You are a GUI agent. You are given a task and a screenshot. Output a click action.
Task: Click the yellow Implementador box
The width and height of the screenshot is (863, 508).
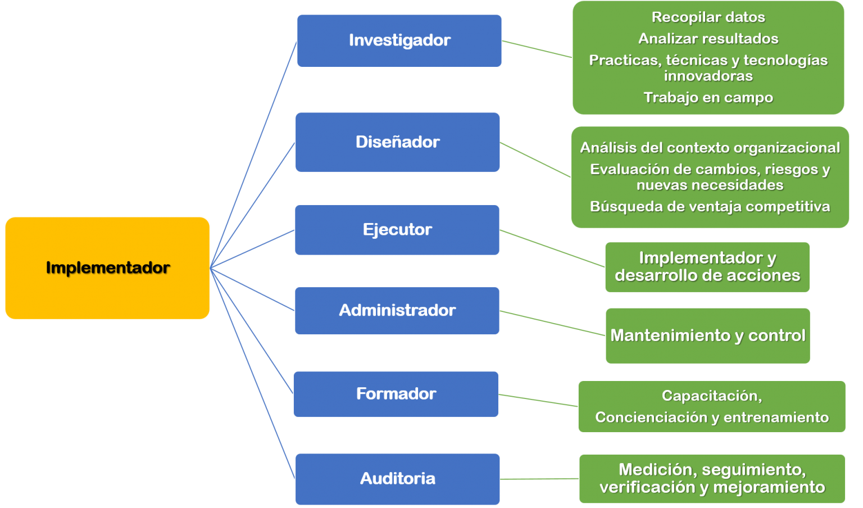click(x=107, y=268)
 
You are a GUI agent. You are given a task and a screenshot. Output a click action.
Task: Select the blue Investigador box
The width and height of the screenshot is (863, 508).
click(x=399, y=40)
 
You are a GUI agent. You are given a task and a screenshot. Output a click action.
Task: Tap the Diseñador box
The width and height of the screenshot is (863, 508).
click(x=397, y=142)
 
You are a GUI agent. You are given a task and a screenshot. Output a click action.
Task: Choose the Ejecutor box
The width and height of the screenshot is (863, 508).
click(x=397, y=230)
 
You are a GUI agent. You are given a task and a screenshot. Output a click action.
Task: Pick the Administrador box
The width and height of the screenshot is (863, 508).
click(x=397, y=310)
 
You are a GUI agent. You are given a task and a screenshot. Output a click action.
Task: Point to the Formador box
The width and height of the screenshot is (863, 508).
click(x=396, y=394)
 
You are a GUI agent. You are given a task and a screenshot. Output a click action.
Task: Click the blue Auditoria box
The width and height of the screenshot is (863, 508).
click(x=397, y=479)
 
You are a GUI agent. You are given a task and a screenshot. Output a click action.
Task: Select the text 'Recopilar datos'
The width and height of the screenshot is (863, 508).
click(x=708, y=17)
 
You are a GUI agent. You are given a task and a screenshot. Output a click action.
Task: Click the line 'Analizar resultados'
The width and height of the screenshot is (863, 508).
click(x=708, y=39)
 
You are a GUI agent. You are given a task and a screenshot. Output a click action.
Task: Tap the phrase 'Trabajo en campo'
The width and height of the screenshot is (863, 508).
click(x=708, y=98)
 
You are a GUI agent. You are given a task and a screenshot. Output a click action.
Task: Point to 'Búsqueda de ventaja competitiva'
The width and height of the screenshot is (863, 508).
click(x=710, y=207)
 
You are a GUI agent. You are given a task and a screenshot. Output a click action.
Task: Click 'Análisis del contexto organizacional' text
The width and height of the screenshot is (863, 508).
click(x=710, y=148)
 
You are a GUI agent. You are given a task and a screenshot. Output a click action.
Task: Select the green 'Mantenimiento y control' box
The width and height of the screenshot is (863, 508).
click(x=707, y=335)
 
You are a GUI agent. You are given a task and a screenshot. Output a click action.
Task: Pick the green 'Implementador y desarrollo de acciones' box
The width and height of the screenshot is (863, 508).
click(x=707, y=267)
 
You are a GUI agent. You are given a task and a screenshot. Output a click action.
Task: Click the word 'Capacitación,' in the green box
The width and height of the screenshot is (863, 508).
click(x=711, y=396)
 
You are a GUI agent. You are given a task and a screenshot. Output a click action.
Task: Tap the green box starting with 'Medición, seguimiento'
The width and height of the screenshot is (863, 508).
click(x=712, y=478)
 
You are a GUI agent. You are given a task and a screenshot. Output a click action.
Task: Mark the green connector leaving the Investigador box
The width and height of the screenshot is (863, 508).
click(x=537, y=49)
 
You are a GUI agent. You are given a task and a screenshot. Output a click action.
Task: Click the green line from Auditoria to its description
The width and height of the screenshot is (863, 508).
click(x=539, y=479)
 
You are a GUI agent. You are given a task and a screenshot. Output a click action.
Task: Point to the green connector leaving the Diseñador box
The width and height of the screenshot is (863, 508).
click(x=535, y=160)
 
